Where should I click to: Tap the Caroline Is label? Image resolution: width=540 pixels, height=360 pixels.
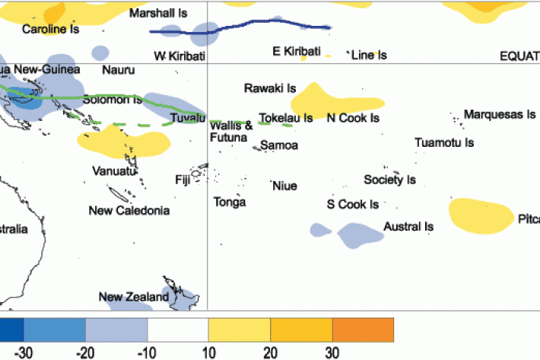[51, 30]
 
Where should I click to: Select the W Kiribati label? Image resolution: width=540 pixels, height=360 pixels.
[180, 56]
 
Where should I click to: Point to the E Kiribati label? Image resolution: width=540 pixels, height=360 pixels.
[297, 51]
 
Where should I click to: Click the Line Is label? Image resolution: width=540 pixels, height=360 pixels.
[369, 55]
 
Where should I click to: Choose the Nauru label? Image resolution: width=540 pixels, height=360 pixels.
[118, 70]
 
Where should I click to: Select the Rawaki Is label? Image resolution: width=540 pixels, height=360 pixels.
[270, 88]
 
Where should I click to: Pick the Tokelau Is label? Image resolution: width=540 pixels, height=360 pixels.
[286, 118]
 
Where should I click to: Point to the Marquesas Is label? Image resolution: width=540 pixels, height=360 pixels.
[500, 115]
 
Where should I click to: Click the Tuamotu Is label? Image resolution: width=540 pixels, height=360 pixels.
[444, 142]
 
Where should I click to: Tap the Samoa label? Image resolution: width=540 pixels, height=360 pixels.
[279, 145]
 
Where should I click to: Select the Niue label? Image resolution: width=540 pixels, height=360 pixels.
[284, 186]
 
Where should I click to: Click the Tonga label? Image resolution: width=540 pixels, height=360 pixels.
[230, 202]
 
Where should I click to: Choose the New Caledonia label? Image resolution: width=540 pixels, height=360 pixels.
[129, 210]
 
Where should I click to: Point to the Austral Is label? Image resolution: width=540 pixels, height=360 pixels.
[408, 227]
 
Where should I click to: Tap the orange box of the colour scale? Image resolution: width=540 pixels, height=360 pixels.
[363, 330]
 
